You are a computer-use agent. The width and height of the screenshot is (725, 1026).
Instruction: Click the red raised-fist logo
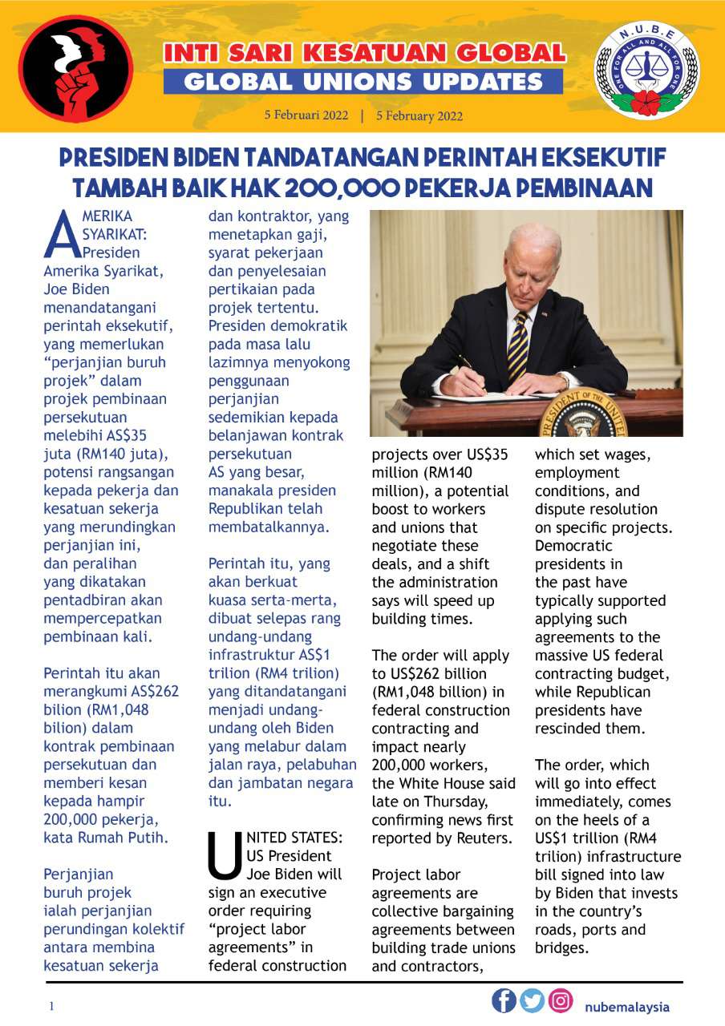[x=75, y=68]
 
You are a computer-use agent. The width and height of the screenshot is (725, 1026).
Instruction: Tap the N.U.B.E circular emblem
[x=646, y=71]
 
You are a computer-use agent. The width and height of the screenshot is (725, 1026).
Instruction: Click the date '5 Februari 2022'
[x=306, y=115]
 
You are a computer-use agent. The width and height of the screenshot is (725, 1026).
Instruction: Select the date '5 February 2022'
[x=419, y=115]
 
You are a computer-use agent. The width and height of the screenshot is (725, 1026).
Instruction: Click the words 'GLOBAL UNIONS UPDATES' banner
[x=363, y=82]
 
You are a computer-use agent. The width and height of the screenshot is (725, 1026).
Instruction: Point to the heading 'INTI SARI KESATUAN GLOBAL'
[x=364, y=54]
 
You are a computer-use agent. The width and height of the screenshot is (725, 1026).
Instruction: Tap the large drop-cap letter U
[x=223, y=854]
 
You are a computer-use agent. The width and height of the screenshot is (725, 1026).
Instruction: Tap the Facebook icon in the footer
[x=504, y=1001]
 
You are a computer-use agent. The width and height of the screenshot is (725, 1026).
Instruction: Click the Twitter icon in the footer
[x=533, y=1001]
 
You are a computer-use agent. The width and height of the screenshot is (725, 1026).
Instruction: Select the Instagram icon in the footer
[x=561, y=1001]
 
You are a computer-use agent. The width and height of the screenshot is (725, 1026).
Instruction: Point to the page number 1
[x=51, y=1007]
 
